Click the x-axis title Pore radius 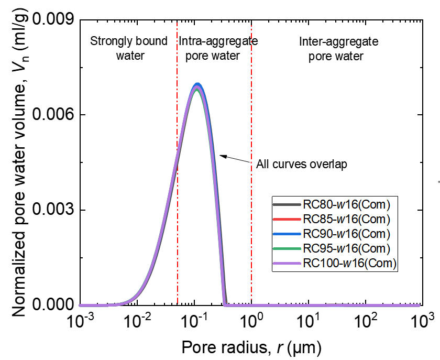251,346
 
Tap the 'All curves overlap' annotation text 302,164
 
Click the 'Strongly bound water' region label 129,48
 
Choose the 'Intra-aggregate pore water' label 215,48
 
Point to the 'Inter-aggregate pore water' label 336,48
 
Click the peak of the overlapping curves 197,85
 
